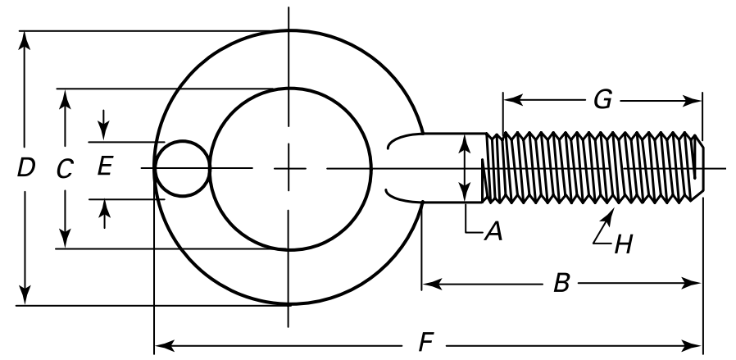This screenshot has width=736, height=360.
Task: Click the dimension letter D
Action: (26, 168)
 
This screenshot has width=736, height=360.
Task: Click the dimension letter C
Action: (65, 169)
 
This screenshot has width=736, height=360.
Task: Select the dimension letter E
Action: (104, 167)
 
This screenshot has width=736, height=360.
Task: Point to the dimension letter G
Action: (602, 100)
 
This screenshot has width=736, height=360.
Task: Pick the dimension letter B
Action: (561, 284)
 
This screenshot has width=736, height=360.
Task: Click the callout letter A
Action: (493, 233)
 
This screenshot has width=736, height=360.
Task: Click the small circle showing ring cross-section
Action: (183, 169)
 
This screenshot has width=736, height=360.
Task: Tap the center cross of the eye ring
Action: (288, 168)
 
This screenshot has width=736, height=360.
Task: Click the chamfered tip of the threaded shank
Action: (697, 169)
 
